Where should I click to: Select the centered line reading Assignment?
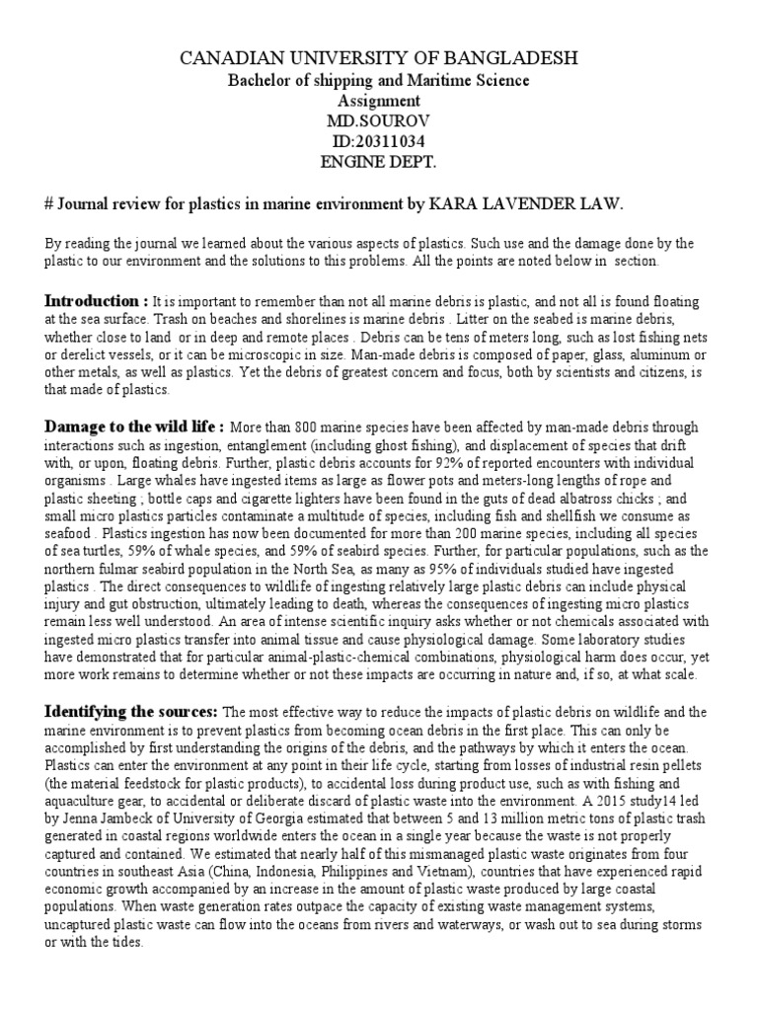point(379,101)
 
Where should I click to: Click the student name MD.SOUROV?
point(379,120)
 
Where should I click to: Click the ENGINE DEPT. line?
point(379,162)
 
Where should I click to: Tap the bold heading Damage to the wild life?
point(134,427)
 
